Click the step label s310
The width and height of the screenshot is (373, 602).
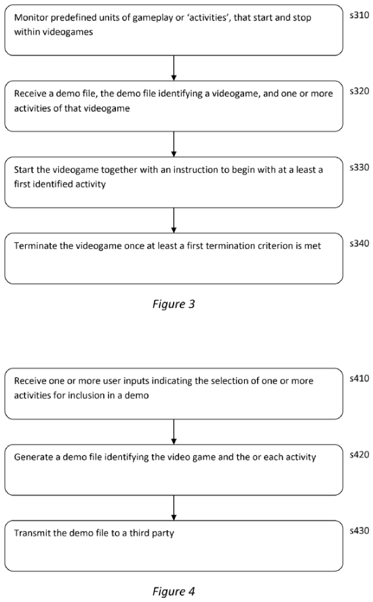359,16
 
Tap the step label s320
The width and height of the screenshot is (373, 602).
359,91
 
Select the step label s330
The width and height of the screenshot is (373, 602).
359,168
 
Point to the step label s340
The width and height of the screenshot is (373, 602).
359,244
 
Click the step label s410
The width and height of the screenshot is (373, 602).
359,379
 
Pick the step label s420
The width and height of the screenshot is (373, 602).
359,455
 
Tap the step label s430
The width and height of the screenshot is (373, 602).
359,531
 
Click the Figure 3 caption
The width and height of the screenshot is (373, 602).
174,305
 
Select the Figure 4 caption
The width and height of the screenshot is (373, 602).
174,591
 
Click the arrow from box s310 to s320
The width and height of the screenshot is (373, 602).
174,68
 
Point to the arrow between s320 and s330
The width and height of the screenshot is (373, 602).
174,144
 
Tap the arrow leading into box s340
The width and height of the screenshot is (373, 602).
174,221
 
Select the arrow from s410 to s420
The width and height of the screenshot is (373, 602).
174,432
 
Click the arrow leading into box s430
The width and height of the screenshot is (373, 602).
174,508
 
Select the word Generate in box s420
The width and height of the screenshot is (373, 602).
33,457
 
